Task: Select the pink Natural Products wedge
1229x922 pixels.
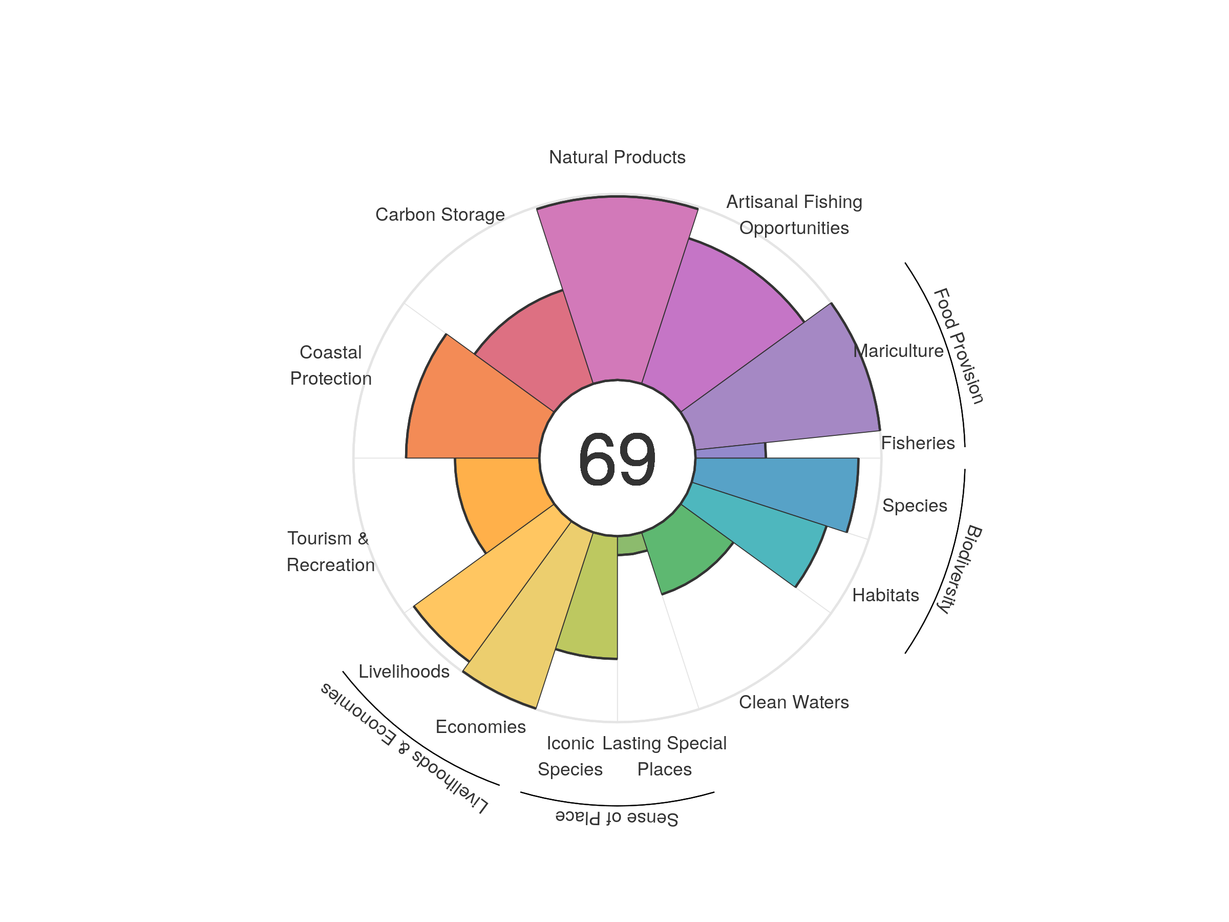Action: (x=617, y=289)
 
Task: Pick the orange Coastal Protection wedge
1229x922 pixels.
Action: (x=472, y=411)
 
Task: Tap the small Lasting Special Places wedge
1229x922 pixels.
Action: (x=630, y=544)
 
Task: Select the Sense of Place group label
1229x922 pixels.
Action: (x=617, y=818)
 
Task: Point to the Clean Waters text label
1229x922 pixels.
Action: (x=793, y=702)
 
